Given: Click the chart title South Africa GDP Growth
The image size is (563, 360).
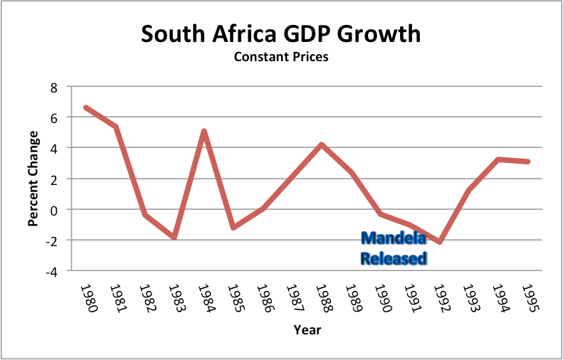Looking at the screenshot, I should point(281,33).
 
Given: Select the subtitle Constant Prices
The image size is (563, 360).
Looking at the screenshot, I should point(281,57).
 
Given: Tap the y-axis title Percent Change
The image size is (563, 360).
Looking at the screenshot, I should point(33,179).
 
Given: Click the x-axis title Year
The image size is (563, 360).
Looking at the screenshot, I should point(307,329).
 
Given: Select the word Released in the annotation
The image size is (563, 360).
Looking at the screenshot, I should point(394,258).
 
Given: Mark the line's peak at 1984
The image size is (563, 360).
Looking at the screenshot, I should point(203,132).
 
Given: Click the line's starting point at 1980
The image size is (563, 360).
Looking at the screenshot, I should point(85,107).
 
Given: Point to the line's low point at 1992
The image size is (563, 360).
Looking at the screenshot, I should point(440,242).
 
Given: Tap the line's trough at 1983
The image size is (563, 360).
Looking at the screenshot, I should point(174,237).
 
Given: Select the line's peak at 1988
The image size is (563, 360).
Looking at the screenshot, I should point(321,144).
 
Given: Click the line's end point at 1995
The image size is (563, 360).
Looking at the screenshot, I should point(527,162).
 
